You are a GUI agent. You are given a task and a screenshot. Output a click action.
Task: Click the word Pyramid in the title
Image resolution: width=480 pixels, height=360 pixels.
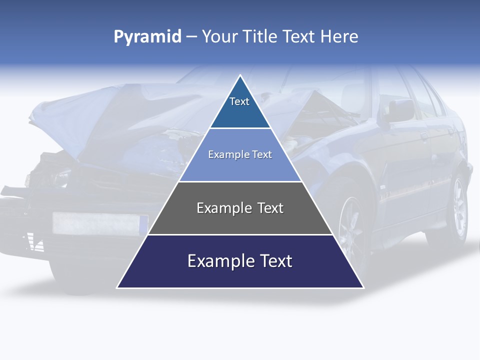pos(147,37)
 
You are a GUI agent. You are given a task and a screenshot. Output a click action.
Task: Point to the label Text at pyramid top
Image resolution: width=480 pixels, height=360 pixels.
pos(239,101)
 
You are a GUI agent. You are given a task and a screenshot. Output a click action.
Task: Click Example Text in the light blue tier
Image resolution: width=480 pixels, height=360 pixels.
pos(240,154)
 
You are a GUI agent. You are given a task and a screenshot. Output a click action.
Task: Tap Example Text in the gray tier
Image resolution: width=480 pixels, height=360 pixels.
pos(240,208)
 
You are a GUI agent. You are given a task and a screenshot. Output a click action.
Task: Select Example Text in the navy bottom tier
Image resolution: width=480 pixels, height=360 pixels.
pos(240,261)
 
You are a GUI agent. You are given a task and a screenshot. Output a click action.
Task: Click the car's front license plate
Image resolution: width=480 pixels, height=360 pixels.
pos(100,223)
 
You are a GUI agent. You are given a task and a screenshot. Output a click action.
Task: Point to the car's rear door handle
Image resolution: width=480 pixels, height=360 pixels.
pos(424,135)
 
